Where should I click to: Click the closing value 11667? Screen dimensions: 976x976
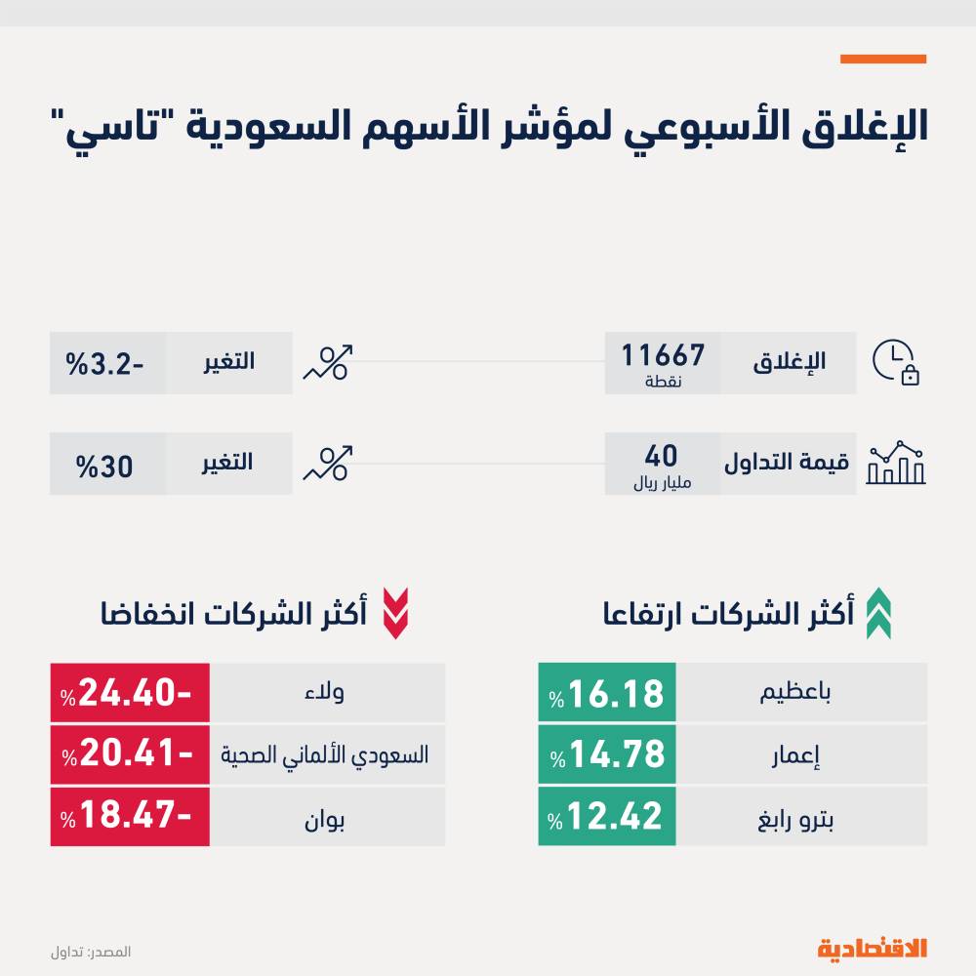coord(665,353)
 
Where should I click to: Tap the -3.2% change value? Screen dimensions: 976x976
coord(106,362)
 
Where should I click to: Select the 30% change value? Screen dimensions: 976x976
coord(106,465)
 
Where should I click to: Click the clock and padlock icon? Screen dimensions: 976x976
coord(896,363)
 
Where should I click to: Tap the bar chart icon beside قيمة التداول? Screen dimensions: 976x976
coord(896,464)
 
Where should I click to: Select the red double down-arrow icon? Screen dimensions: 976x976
coord(394,613)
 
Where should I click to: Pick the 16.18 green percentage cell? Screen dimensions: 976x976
coord(607,693)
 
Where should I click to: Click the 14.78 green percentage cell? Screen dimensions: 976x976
coord(607,753)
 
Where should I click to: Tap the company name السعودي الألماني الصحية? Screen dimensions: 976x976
coord(326,754)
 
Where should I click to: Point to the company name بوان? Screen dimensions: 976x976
coord(327,816)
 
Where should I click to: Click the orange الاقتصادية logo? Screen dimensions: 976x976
coord(872,948)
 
